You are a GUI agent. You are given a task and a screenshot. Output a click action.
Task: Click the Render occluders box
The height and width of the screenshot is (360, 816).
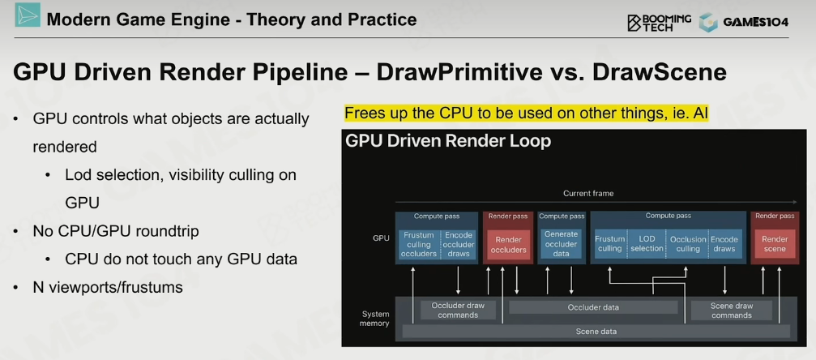[x=507, y=244]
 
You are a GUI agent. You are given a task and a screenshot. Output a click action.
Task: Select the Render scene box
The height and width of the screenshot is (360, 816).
[x=775, y=244]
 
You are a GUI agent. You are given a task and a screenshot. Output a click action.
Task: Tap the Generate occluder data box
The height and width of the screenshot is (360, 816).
[x=561, y=244]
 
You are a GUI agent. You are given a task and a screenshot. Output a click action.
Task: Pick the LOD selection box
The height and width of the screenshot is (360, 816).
[x=647, y=244]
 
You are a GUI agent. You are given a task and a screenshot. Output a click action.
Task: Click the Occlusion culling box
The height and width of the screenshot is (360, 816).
[x=687, y=244]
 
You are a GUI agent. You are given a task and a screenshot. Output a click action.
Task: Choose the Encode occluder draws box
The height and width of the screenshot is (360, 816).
[x=458, y=244]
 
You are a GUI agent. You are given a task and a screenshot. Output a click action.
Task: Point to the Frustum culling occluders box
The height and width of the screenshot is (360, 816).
[x=420, y=244]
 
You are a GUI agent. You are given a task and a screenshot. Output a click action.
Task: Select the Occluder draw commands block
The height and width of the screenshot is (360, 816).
[x=458, y=310]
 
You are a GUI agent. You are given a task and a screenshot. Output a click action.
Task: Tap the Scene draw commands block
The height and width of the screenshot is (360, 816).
[x=731, y=310]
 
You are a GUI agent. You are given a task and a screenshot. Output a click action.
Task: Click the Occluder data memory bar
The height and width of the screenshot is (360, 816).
[x=593, y=307]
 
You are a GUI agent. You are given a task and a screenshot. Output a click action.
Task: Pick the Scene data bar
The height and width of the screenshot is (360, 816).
[x=596, y=332]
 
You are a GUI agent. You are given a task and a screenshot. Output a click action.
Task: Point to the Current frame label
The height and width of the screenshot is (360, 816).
[x=588, y=193]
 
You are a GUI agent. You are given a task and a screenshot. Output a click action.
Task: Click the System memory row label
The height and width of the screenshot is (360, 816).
[x=375, y=319]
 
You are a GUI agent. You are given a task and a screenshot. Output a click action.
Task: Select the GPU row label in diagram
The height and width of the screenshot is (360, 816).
[x=381, y=238]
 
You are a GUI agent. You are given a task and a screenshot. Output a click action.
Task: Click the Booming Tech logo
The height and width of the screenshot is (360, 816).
[x=660, y=22]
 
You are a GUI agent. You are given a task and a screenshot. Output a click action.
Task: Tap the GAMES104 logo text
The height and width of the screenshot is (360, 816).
[x=755, y=22]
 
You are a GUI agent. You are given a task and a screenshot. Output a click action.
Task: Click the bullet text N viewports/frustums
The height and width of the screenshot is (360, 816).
[x=108, y=287]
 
